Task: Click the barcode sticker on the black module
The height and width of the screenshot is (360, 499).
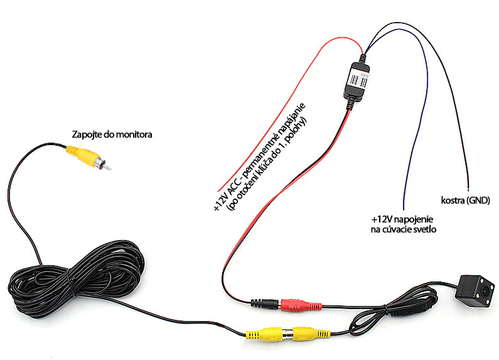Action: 357,80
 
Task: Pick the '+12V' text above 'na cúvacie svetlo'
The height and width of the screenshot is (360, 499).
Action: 381,220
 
